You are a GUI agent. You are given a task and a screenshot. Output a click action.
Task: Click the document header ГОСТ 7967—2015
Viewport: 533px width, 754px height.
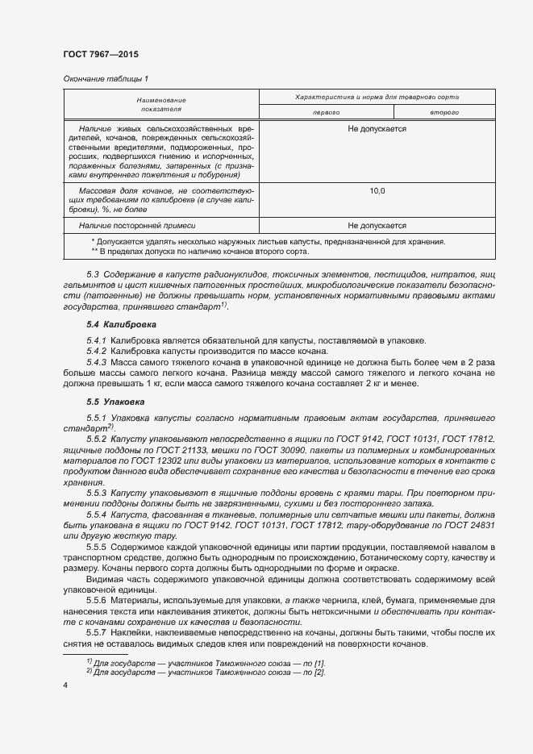pyautogui.click(x=100, y=54)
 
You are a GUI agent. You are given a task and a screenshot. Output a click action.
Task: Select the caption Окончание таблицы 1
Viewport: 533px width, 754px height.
pyautogui.click(x=106, y=78)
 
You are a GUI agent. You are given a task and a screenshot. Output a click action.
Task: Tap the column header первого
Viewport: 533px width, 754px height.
pyautogui.click(x=326, y=112)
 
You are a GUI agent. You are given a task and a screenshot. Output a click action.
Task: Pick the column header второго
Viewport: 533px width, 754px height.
pyautogui.click(x=444, y=112)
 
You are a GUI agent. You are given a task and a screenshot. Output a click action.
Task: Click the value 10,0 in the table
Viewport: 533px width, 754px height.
pyautogui.click(x=377, y=191)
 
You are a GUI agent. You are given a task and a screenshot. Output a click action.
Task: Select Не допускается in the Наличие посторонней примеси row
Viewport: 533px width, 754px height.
pyautogui.click(x=377, y=226)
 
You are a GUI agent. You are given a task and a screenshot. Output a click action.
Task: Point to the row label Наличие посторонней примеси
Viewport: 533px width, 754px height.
pyautogui.click(x=138, y=226)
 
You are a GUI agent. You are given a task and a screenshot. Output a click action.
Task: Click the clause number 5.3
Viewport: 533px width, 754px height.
pyautogui.click(x=93, y=275)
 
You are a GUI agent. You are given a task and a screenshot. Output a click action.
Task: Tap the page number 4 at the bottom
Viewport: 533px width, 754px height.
pyautogui.click(x=65, y=684)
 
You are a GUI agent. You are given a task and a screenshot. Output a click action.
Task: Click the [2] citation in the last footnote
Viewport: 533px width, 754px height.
pyautogui.click(x=320, y=672)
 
